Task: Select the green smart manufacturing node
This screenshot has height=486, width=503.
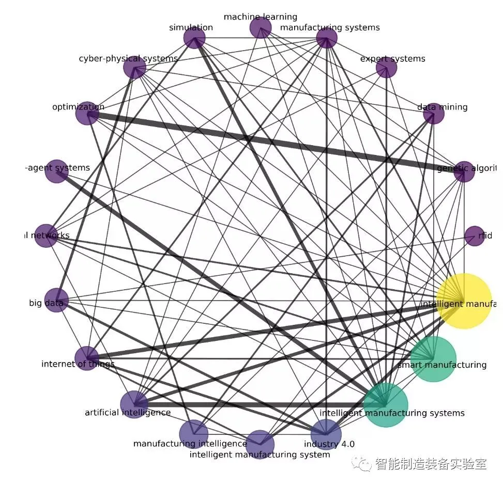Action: pyautogui.click(x=433, y=359)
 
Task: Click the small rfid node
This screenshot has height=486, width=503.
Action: pyautogui.click(x=475, y=236)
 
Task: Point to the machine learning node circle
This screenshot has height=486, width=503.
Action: pyautogui.click(x=260, y=27)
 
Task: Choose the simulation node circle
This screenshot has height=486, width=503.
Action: pyautogui.click(x=194, y=38)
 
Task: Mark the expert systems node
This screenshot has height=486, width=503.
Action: pyautogui.click(x=386, y=68)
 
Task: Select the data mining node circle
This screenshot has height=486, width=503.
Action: pyautogui.click(x=433, y=114)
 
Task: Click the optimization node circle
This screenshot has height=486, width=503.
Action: pyautogui.click(x=87, y=113)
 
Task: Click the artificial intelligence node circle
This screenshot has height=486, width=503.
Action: pyautogui.click(x=134, y=404)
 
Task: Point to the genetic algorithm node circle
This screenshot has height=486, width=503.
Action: pyautogui.click(x=464, y=172)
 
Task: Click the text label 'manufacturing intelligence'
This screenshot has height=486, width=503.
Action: pyautogui.click(x=190, y=444)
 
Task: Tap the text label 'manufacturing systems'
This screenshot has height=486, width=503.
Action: pyautogui.click(x=330, y=27)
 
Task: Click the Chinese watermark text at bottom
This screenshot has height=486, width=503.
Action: pyautogui.click(x=430, y=463)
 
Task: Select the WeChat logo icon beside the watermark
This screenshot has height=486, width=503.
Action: pyautogui.click(x=362, y=464)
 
